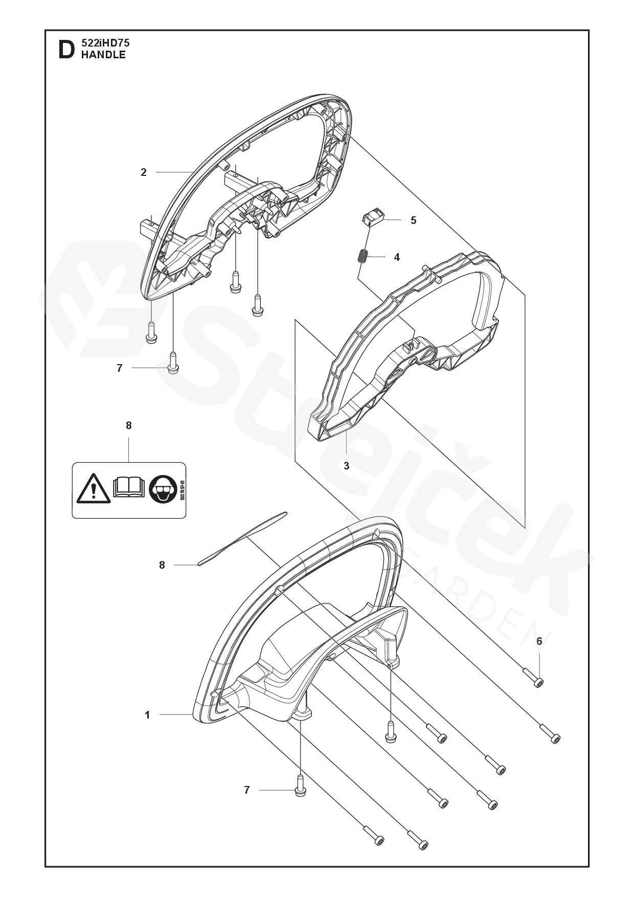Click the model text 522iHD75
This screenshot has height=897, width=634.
[x=105, y=44]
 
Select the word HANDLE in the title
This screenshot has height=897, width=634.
[x=103, y=55]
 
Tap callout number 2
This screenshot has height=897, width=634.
[x=144, y=172]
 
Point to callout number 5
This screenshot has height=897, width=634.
[x=413, y=220]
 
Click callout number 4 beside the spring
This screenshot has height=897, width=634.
[x=397, y=257]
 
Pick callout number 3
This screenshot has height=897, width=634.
[x=347, y=466]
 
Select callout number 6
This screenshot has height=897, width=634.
[x=539, y=641]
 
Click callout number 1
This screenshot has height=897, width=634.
[x=147, y=715]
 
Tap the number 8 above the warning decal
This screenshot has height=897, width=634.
[x=129, y=425]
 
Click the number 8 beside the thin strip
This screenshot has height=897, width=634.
[x=162, y=565]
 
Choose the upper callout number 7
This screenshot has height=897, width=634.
[x=120, y=368]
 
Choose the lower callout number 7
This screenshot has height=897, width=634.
[x=247, y=790]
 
